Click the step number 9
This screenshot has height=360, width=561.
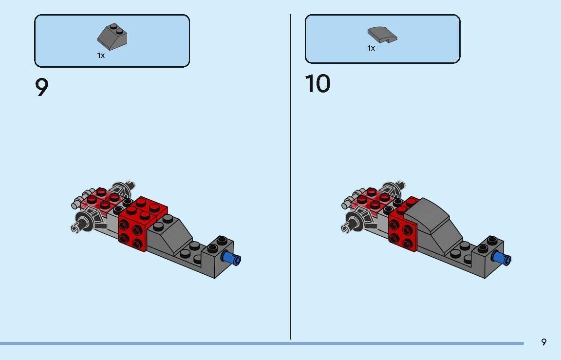(x=42, y=88)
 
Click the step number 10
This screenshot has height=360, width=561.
(x=318, y=84)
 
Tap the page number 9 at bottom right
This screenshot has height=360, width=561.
(x=543, y=342)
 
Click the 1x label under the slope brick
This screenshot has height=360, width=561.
(x=101, y=56)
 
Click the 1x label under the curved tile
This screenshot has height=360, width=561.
(x=371, y=48)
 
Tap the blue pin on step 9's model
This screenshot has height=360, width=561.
(x=232, y=258)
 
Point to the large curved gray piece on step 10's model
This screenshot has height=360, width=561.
(x=431, y=219)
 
